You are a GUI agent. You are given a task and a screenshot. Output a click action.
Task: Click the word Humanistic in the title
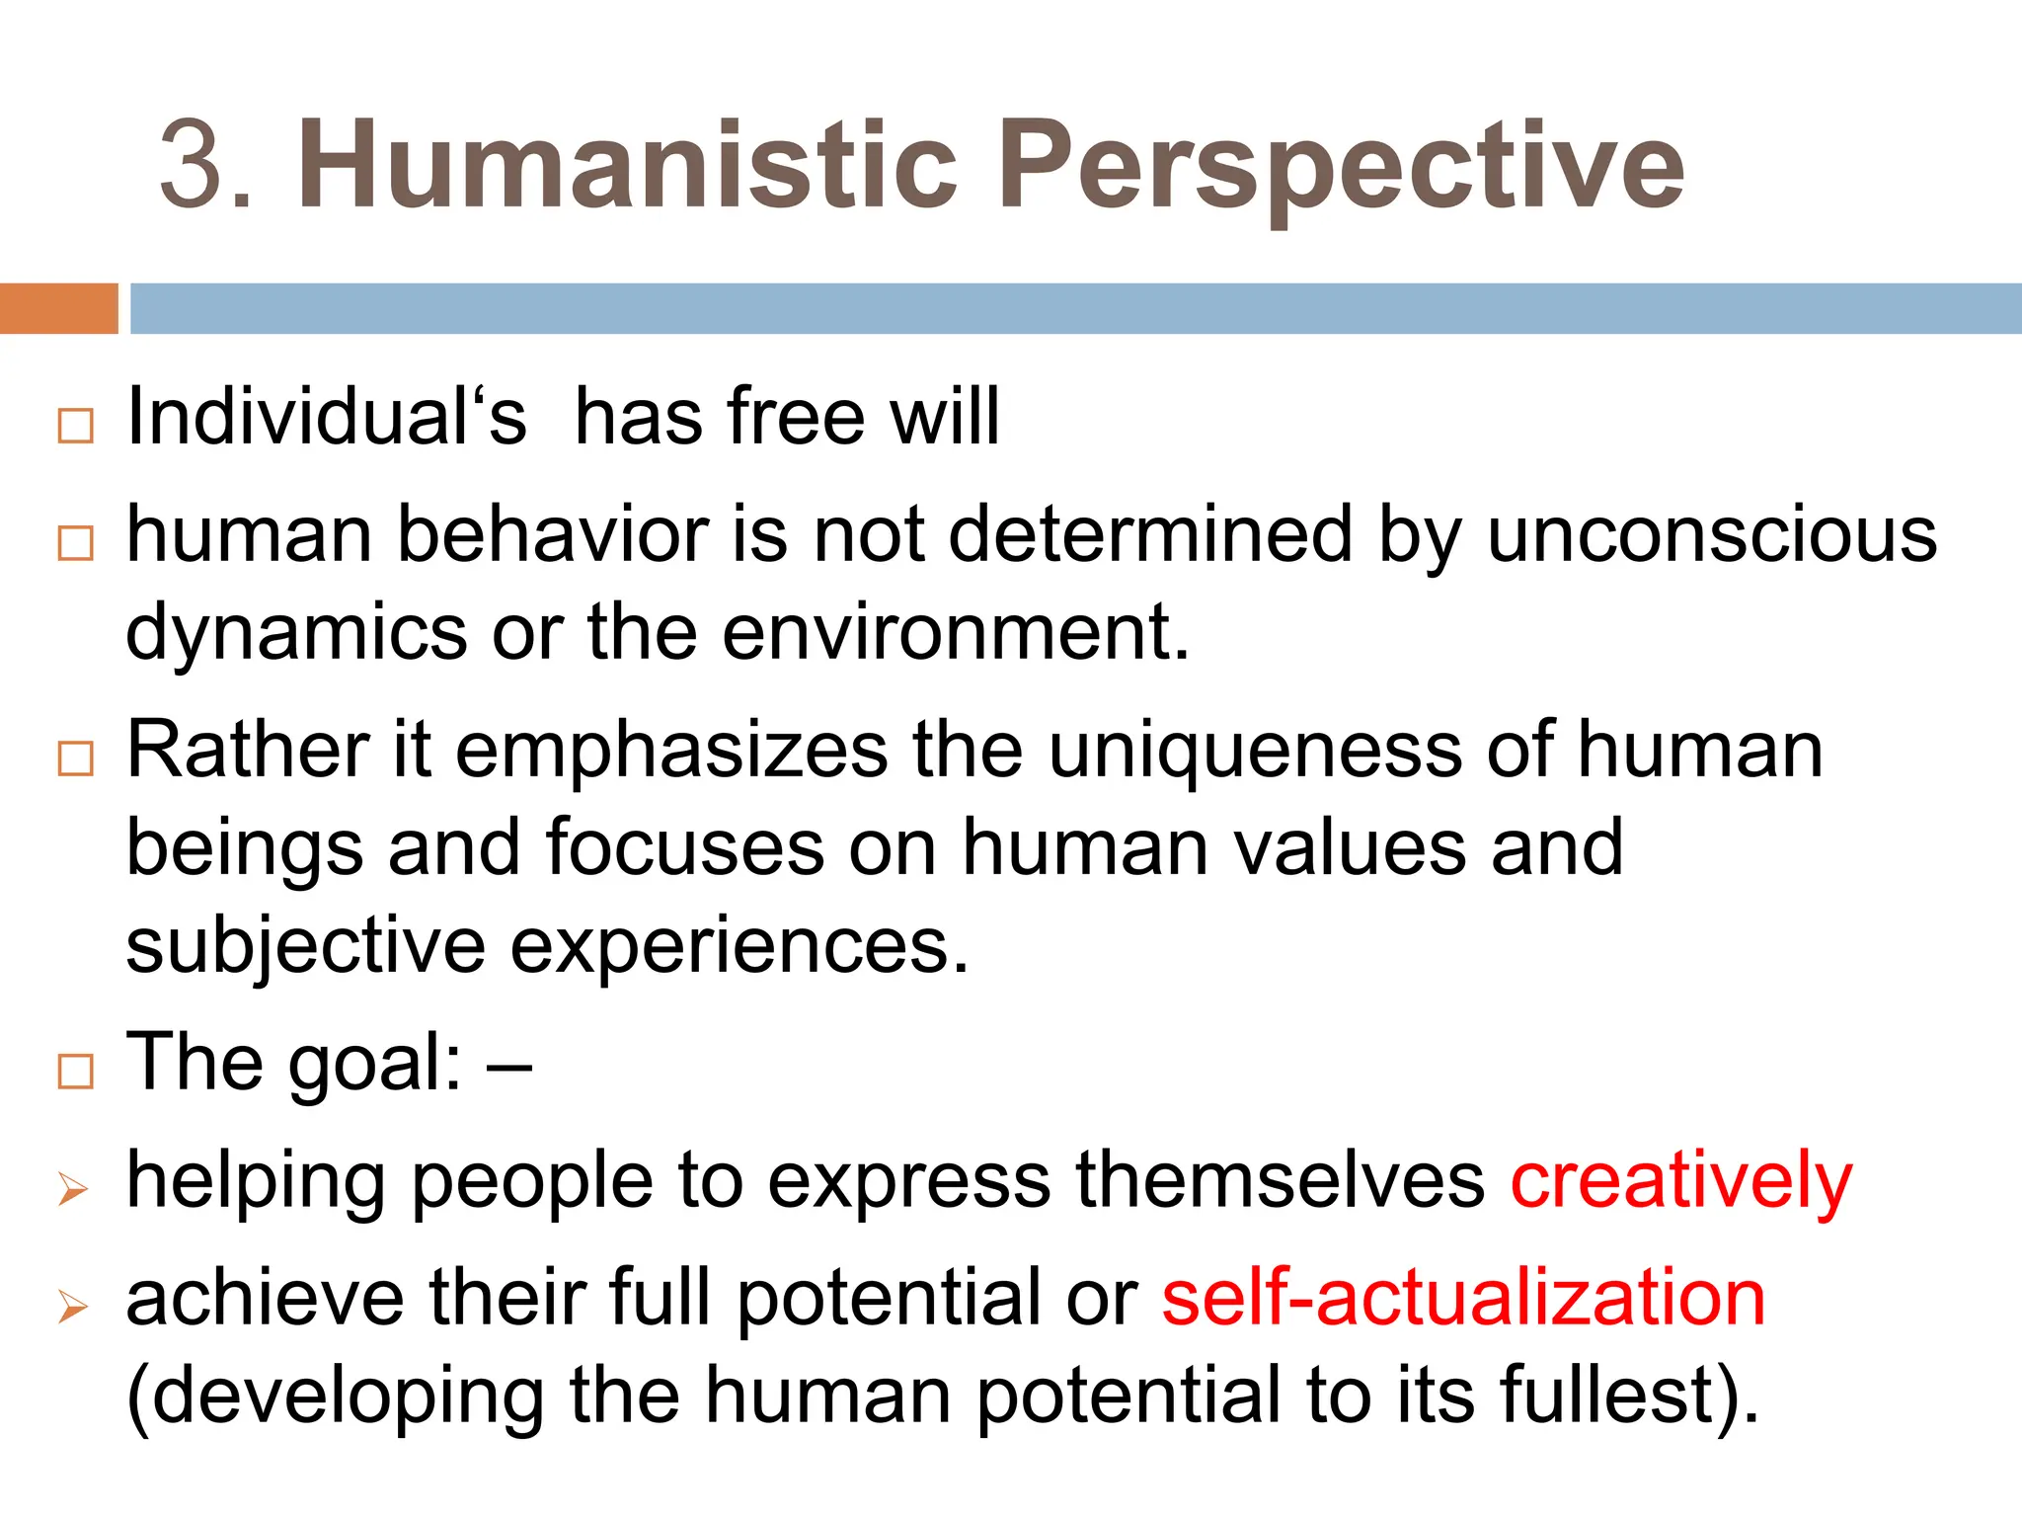[628, 164]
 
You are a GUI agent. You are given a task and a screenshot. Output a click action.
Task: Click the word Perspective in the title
[1341, 164]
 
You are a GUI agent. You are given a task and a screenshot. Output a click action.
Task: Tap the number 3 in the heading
[194, 166]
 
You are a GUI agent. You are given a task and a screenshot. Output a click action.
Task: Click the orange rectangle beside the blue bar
[58, 308]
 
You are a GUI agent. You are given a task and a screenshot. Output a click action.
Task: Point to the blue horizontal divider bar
[1076, 308]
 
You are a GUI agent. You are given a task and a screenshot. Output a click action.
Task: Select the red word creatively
[1680, 1180]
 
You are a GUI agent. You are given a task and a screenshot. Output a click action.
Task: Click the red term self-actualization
[1463, 1298]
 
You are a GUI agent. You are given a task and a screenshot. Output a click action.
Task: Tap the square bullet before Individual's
[76, 426]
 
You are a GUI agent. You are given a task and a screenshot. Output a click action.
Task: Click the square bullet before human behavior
[76, 543]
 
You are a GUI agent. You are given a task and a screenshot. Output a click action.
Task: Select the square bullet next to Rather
[76, 758]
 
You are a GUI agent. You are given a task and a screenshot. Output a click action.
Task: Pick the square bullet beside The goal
[76, 1072]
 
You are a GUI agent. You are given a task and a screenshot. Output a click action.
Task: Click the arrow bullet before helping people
[73, 1189]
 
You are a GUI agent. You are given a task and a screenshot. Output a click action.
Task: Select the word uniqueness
[1255, 751]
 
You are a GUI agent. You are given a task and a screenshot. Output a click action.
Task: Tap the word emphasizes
[671, 751]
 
